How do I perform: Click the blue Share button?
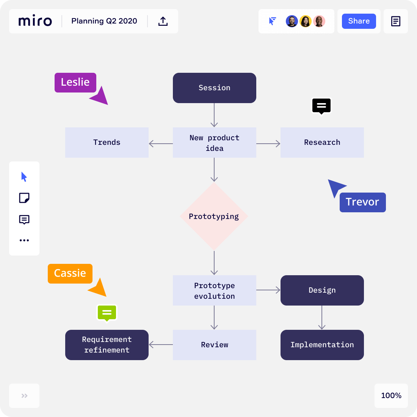[359, 21]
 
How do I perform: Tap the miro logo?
[35, 20]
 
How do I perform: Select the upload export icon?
[163, 21]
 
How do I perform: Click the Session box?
[214, 88]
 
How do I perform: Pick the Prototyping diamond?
[214, 216]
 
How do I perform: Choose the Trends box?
[107, 142]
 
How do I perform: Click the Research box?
[322, 142]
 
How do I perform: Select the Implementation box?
[322, 345]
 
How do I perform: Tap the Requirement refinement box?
[107, 345]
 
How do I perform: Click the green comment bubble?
[107, 313]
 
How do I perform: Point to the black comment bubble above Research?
[321, 106]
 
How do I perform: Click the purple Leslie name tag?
[75, 82]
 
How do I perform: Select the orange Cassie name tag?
[70, 273]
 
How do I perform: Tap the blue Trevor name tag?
[362, 202]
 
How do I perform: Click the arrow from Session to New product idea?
[214, 115]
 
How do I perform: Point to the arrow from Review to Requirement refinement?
[161, 345]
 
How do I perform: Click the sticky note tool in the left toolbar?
[24, 198]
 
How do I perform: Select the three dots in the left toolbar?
[24, 240]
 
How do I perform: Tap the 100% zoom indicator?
[391, 395]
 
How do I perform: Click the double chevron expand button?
[24, 395]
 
